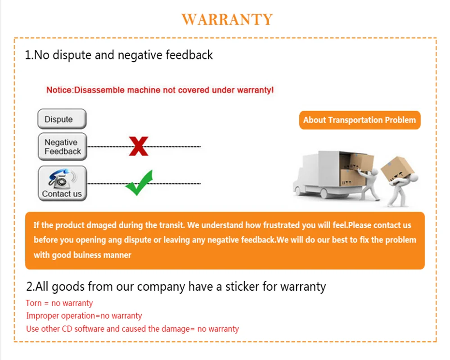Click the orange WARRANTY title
(227, 19)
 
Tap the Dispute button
(62, 119)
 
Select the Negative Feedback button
(62, 147)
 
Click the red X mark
(139, 146)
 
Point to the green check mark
(139, 183)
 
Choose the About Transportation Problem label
(360, 120)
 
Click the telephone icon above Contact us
(61, 179)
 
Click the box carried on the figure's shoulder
(396, 167)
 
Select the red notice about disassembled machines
(160, 90)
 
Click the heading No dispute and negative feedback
(119, 55)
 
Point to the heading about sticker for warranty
(176, 286)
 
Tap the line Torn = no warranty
(59, 303)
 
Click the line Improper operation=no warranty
(84, 316)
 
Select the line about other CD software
(132, 329)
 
